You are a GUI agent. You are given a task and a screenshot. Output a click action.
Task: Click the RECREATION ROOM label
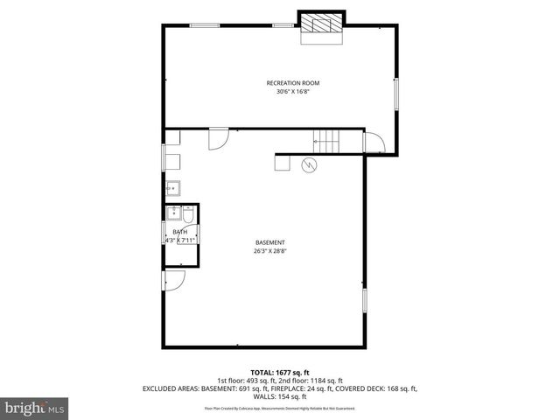287,83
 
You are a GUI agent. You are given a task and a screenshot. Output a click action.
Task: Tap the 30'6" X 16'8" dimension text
287,91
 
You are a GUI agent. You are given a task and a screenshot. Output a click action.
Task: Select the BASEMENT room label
270,242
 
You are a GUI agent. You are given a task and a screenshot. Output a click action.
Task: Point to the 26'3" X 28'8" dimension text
270,251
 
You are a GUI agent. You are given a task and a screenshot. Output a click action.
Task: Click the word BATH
179,232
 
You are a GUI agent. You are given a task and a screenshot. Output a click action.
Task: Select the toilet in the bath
188,213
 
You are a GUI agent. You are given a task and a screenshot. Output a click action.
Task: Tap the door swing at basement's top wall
218,138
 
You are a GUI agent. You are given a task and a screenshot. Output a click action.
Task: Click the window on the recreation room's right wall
395,94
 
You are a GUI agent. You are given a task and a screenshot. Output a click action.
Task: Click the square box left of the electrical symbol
283,162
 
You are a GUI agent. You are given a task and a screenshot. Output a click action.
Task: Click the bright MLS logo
34,408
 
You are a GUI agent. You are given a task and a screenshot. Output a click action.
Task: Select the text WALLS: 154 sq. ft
280,395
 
